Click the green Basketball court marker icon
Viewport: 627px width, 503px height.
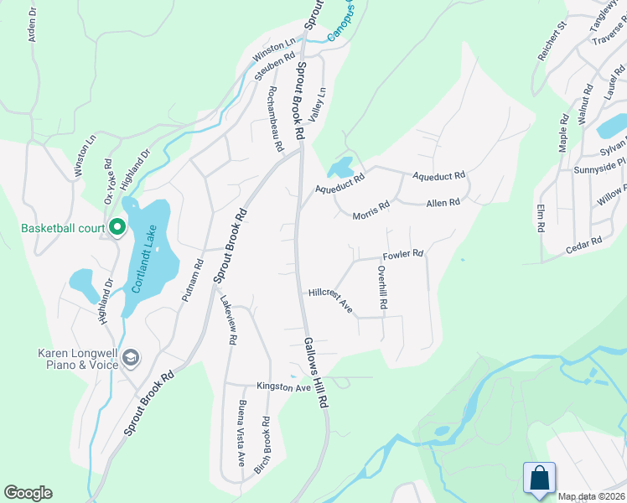117,227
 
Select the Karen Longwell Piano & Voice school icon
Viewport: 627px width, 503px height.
130,358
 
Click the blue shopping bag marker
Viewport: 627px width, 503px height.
539,478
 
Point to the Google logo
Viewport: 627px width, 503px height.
28,493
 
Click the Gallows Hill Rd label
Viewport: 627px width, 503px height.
314,372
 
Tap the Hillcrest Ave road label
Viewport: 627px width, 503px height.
330,299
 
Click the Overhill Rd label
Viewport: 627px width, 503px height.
381,288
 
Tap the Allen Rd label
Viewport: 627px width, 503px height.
443,203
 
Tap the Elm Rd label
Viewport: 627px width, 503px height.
540,216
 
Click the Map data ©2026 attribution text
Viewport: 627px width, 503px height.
591,496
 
